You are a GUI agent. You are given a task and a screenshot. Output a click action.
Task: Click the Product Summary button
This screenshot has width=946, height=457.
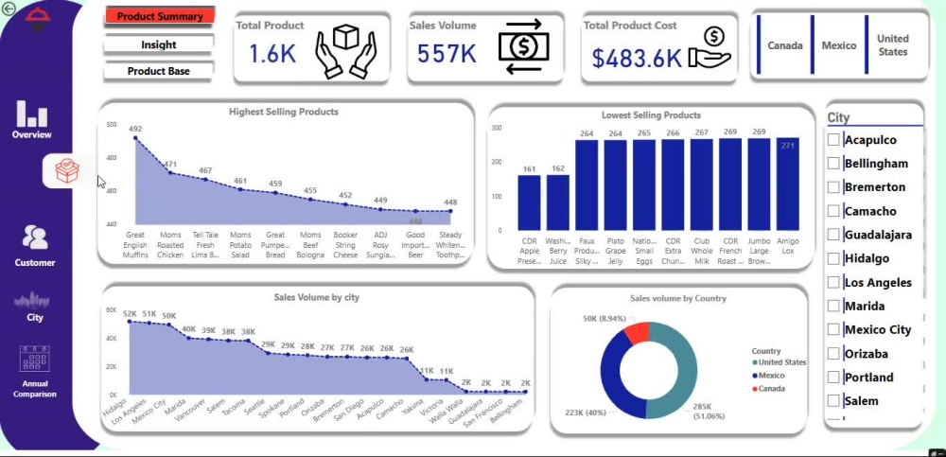pos(159,16)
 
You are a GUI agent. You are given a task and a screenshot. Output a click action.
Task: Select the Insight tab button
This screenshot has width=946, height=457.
pos(159,44)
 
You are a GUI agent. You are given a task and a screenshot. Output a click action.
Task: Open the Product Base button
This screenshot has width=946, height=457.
pos(159,71)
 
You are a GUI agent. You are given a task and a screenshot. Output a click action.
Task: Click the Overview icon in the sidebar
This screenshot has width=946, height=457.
pos(32,118)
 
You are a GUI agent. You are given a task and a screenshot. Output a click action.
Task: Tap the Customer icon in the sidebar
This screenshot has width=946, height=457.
pos(35,244)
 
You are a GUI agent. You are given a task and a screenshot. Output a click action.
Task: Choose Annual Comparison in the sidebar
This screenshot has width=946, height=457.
pos(34,372)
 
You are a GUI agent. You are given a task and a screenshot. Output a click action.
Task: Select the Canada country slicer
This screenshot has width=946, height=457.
pos(785,45)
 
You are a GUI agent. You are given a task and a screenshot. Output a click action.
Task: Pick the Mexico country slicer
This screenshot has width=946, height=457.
pos(838,45)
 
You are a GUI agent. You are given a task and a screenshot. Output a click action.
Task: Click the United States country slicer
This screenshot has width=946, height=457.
pos(892,45)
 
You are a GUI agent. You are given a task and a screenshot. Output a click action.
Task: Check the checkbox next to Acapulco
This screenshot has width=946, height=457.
pos(833,140)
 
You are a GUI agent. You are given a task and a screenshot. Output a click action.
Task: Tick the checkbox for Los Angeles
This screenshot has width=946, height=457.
pos(833,282)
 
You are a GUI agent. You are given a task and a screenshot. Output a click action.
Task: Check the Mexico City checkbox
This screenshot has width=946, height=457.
pos(833,329)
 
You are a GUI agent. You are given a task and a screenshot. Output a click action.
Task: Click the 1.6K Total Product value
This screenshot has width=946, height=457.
pos(272,55)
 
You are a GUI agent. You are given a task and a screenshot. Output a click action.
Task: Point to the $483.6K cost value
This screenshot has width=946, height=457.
pos(637,58)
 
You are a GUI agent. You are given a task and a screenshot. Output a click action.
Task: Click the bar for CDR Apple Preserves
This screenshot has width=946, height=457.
pos(529,202)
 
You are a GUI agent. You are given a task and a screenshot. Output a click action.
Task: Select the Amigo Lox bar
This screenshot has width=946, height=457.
pos(787,184)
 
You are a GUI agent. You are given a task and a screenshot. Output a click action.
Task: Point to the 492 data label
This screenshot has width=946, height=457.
pos(135,130)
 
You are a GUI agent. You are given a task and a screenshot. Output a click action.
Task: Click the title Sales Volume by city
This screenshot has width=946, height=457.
pos(316,297)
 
